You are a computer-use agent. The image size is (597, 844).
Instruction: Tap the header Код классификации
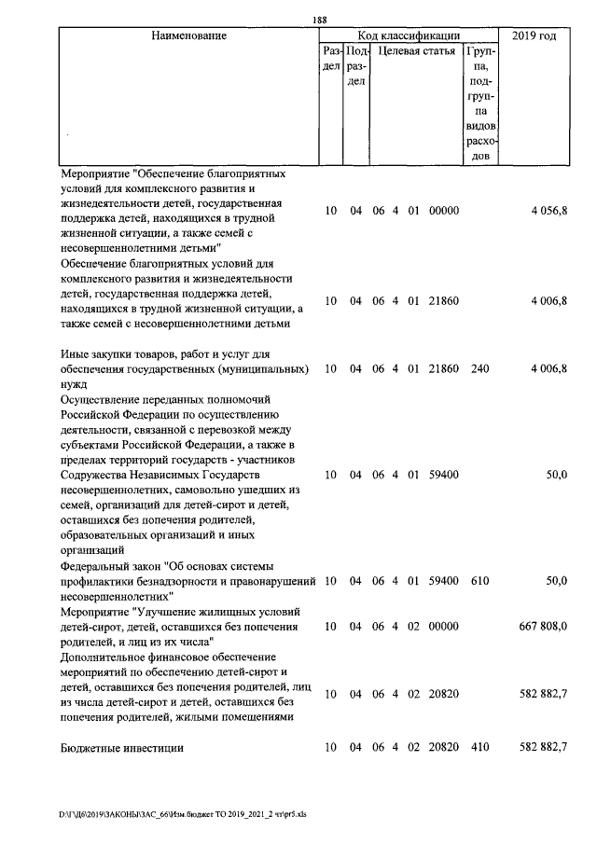[410, 35]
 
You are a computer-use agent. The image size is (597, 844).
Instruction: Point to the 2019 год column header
[535, 35]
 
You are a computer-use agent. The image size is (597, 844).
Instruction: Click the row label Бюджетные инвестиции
[121, 748]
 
